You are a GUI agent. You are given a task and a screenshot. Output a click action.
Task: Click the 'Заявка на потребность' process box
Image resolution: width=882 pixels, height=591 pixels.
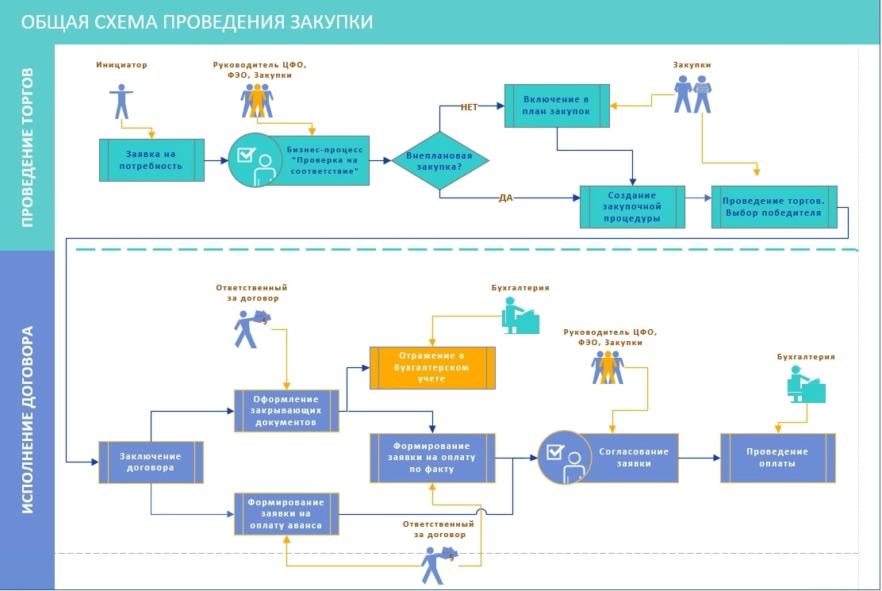[151, 160]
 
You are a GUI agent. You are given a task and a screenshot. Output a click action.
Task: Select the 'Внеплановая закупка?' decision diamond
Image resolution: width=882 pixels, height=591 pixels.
[439, 160]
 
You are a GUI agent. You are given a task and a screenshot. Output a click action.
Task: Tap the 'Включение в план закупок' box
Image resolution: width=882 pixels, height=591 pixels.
[557, 106]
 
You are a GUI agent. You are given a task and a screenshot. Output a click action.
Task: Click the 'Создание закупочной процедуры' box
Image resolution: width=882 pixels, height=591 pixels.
[632, 206]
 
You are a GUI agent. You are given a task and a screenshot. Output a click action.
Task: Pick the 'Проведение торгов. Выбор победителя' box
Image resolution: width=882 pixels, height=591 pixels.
[774, 206]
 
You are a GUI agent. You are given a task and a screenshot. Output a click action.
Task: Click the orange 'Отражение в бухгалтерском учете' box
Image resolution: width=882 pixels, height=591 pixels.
[433, 367]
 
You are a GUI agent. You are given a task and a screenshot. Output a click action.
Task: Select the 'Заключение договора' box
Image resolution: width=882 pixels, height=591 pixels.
[151, 462]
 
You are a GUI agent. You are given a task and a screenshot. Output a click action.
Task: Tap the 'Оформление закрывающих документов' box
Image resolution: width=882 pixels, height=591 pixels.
[286, 410]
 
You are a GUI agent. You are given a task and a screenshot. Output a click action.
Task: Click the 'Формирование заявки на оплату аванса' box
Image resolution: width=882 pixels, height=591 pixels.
[286, 513]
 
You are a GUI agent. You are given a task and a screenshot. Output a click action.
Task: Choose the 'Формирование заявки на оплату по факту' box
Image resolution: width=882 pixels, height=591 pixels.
[433, 458]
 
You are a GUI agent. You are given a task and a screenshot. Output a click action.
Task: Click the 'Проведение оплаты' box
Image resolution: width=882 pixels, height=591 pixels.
[777, 458]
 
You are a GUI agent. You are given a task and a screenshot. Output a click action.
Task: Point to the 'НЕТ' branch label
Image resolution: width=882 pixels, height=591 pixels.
[470, 107]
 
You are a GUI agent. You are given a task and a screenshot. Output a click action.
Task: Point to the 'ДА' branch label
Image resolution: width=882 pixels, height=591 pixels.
[506, 198]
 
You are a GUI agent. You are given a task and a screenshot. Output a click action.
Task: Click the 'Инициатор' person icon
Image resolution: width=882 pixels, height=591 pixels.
[121, 100]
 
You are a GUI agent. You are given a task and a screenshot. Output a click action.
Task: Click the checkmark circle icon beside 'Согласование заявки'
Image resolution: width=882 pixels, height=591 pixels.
[565, 458]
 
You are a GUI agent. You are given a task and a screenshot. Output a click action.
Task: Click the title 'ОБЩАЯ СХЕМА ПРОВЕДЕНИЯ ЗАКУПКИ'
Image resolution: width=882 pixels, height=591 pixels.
[197, 21]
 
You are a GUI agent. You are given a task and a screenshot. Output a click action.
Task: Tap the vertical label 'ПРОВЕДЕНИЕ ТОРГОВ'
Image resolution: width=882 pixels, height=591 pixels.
[27, 148]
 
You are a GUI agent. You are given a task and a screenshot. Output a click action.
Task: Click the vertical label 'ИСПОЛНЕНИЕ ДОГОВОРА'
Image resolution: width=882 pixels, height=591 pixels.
[27, 420]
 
